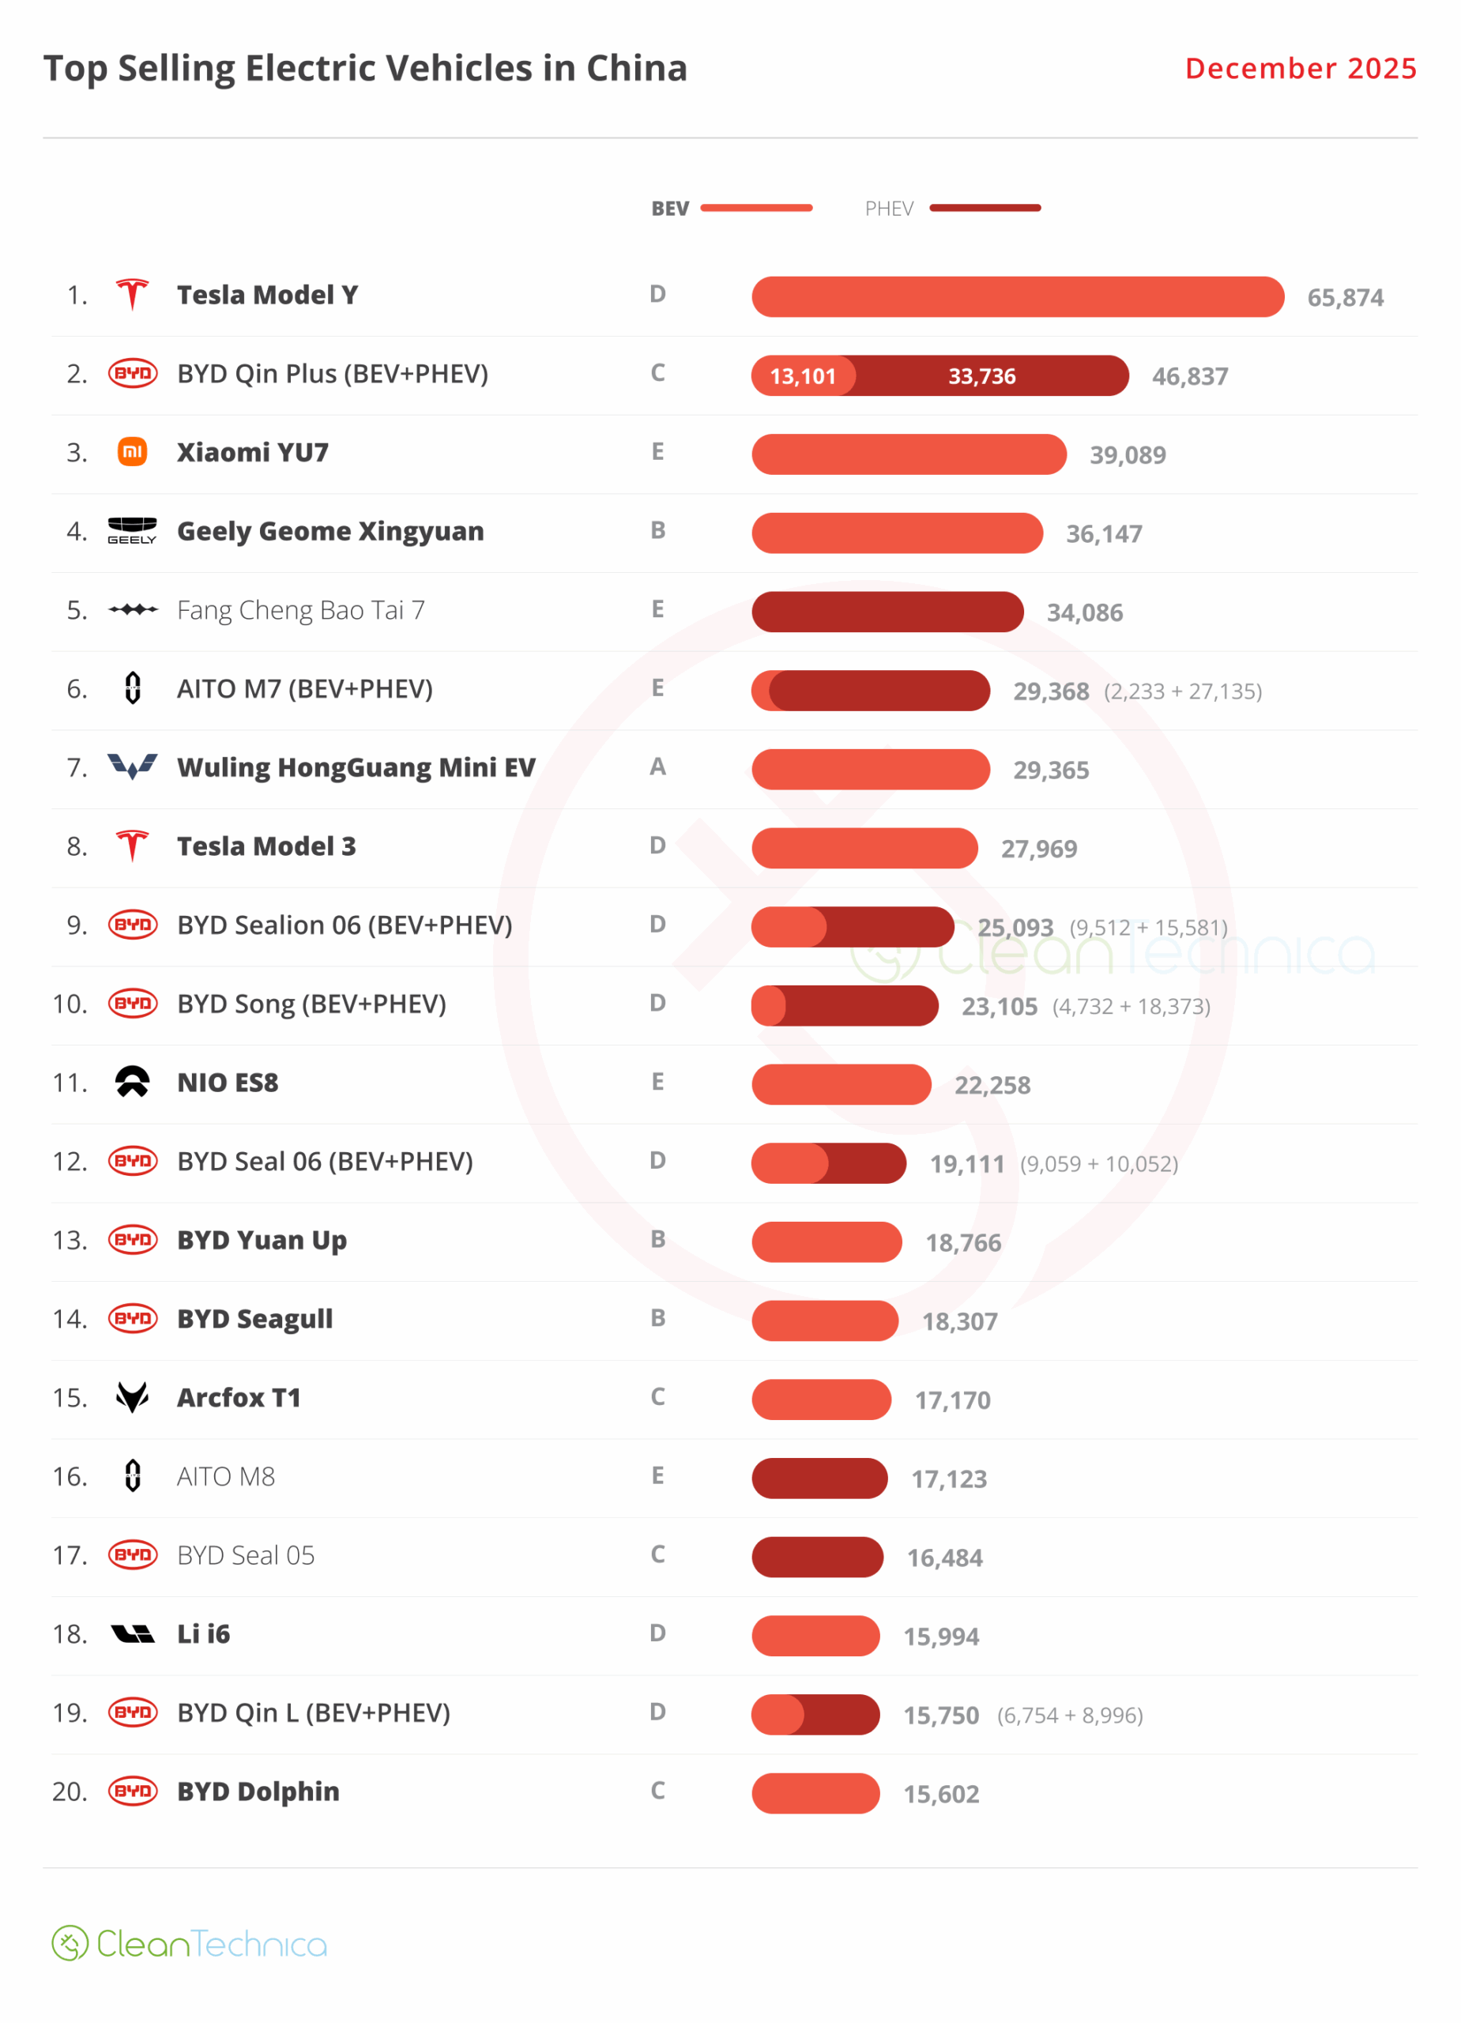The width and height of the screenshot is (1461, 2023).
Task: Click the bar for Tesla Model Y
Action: [x=1017, y=297]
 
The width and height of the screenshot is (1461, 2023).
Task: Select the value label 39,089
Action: [x=1128, y=455]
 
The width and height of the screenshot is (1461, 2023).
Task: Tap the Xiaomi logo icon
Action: [x=132, y=452]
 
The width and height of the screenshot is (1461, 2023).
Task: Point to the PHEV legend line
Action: [x=985, y=208]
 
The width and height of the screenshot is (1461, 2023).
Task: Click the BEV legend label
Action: [x=670, y=209]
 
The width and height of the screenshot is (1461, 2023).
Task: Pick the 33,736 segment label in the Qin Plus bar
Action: [x=981, y=376]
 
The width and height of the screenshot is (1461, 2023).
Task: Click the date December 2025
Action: [x=1300, y=69]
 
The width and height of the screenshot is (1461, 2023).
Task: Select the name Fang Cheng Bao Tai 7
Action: [x=300, y=610]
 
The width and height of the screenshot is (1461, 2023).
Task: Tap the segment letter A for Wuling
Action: [x=657, y=767]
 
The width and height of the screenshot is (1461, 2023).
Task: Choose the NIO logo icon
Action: [x=132, y=1082]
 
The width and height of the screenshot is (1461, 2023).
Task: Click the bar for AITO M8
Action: [x=819, y=1478]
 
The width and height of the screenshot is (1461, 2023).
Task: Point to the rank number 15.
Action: [x=70, y=1398]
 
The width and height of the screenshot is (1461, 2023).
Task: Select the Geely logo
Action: [x=132, y=531]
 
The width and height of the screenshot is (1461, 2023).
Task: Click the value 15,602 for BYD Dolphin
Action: [x=941, y=1794]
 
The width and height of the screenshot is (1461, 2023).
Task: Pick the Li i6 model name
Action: [x=203, y=1634]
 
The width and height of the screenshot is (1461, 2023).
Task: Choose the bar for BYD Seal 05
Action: [x=817, y=1557]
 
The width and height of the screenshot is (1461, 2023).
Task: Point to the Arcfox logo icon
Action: [x=132, y=1397]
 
